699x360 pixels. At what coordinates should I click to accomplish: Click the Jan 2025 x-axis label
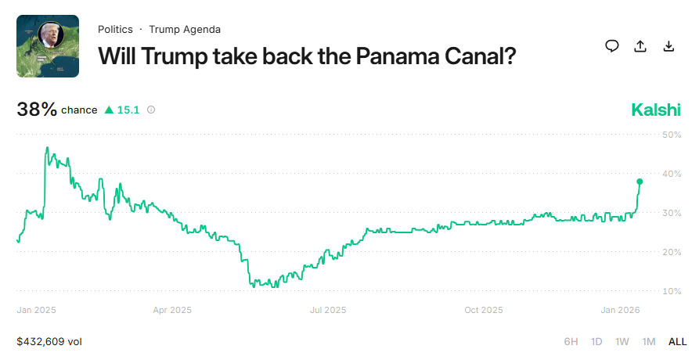[36, 310]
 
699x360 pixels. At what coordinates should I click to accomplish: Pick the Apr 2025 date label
[172, 310]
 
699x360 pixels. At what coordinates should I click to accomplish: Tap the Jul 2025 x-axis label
[328, 310]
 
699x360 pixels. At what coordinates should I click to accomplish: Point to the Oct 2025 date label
[483, 310]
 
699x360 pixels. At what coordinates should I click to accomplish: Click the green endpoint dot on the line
[640, 182]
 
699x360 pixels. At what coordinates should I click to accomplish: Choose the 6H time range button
[571, 342]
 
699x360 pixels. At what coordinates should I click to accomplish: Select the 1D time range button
[596, 342]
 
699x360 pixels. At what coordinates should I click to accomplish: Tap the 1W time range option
[622, 342]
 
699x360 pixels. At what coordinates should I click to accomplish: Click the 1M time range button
[649, 342]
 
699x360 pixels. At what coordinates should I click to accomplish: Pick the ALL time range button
[677, 342]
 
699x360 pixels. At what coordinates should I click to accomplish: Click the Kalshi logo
[656, 110]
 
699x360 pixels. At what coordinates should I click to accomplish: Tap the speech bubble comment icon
[612, 46]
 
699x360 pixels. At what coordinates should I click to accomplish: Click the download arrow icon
[668, 46]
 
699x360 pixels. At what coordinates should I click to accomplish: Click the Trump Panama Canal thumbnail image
[48, 46]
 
